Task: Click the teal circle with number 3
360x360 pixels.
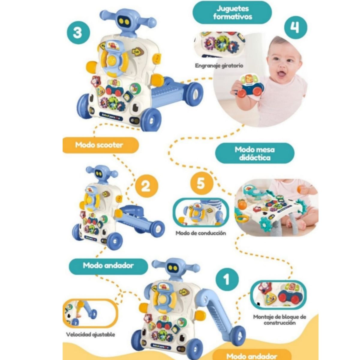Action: pyautogui.click(x=77, y=32)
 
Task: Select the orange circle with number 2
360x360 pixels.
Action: pyautogui.click(x=145, y=186)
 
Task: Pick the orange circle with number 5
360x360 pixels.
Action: pyautogui.click(x=201, y=183)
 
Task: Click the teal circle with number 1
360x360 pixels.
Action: pyautogui.click(x=227, y=279)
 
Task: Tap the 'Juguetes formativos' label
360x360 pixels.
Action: pyautogui.click(x=232, y=13)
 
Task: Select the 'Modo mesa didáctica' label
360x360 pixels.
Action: pyautogui.click(x=255, y=153)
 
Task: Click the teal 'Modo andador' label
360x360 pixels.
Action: pyautogui.click(x=108, y=265)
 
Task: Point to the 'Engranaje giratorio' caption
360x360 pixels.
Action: pyautogui.click(x=219, y=65)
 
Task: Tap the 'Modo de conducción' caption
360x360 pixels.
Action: pyautogui.click(x=201, y=233)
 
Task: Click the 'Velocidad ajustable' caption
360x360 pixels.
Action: pyautogui.click(x=91, y=334)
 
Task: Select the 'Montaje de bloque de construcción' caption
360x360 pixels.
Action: pyautogui.click(x=280, y=320)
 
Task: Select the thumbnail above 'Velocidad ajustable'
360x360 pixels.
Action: pyautogui.click(x=90, y=313)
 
